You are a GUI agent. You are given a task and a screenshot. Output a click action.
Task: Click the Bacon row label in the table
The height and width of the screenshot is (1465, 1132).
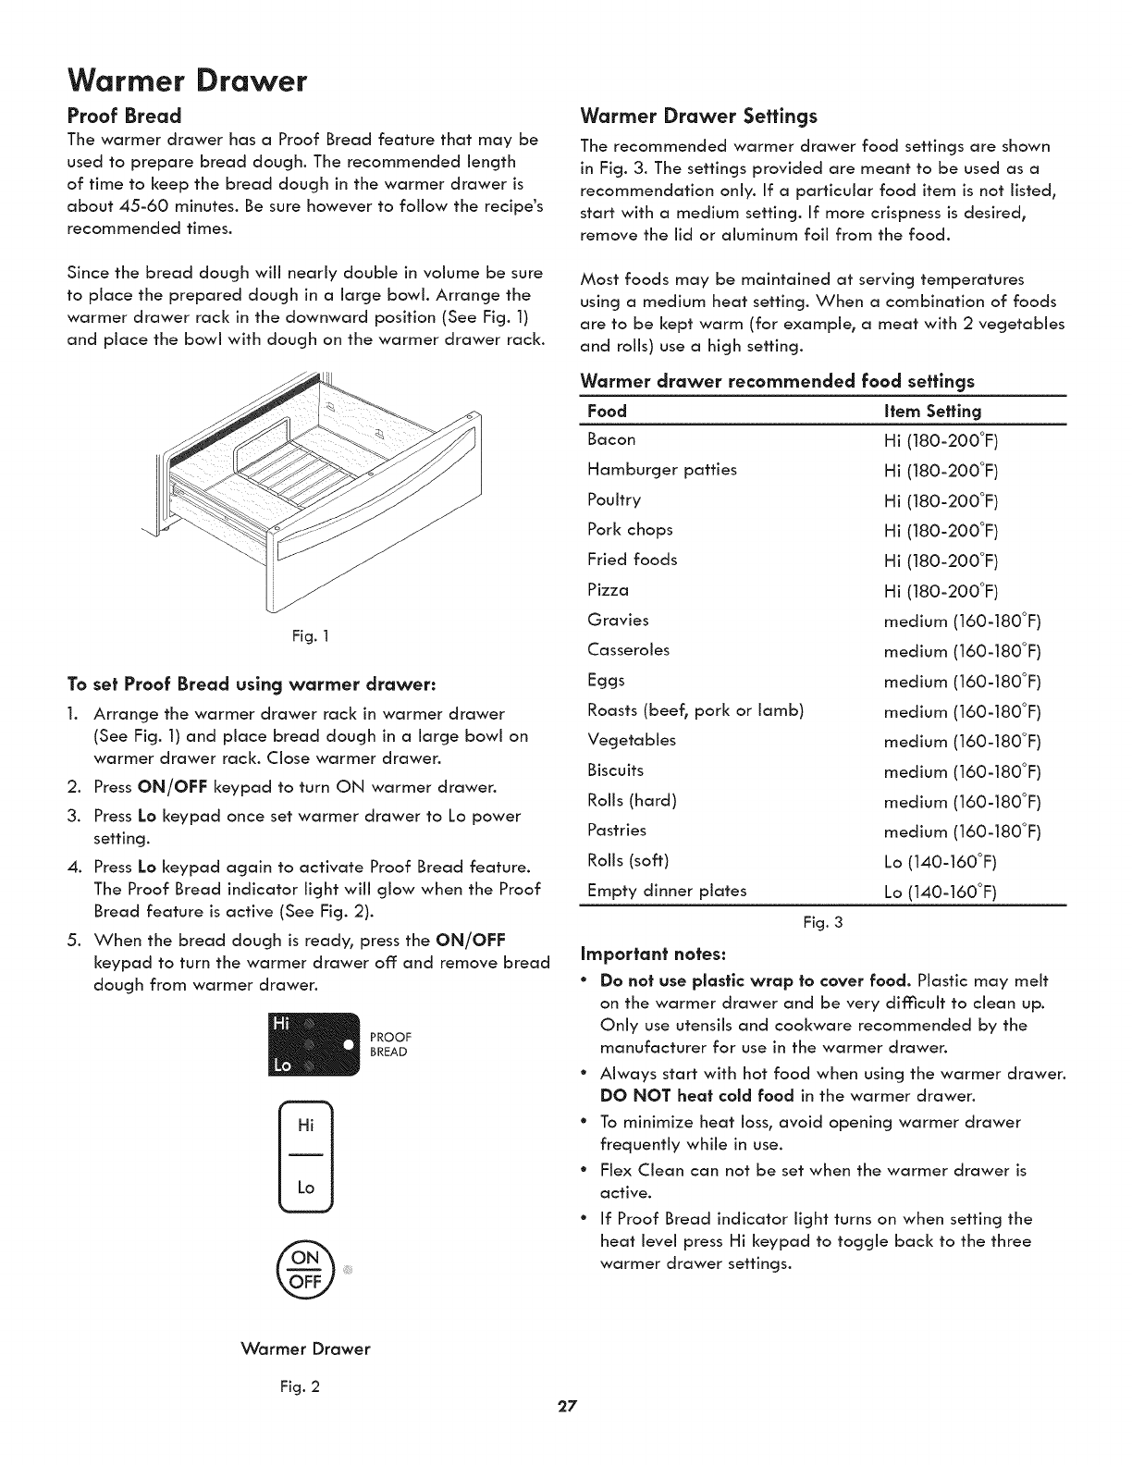coord(611,439)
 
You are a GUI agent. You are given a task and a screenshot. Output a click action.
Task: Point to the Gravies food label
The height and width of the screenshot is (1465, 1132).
coord(618,620)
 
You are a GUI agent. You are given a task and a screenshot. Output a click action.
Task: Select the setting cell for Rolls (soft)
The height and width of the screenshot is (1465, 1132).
coord(940,862)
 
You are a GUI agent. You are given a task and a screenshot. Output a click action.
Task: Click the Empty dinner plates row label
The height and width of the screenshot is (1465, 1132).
coord(667,891)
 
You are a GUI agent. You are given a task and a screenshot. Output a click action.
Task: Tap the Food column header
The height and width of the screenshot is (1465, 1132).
coord(607,411)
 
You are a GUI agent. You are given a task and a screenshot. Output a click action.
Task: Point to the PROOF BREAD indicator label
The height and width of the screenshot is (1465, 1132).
coord(389,1044)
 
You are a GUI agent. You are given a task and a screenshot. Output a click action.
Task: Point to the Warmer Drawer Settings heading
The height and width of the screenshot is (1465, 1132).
coord(698,117)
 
